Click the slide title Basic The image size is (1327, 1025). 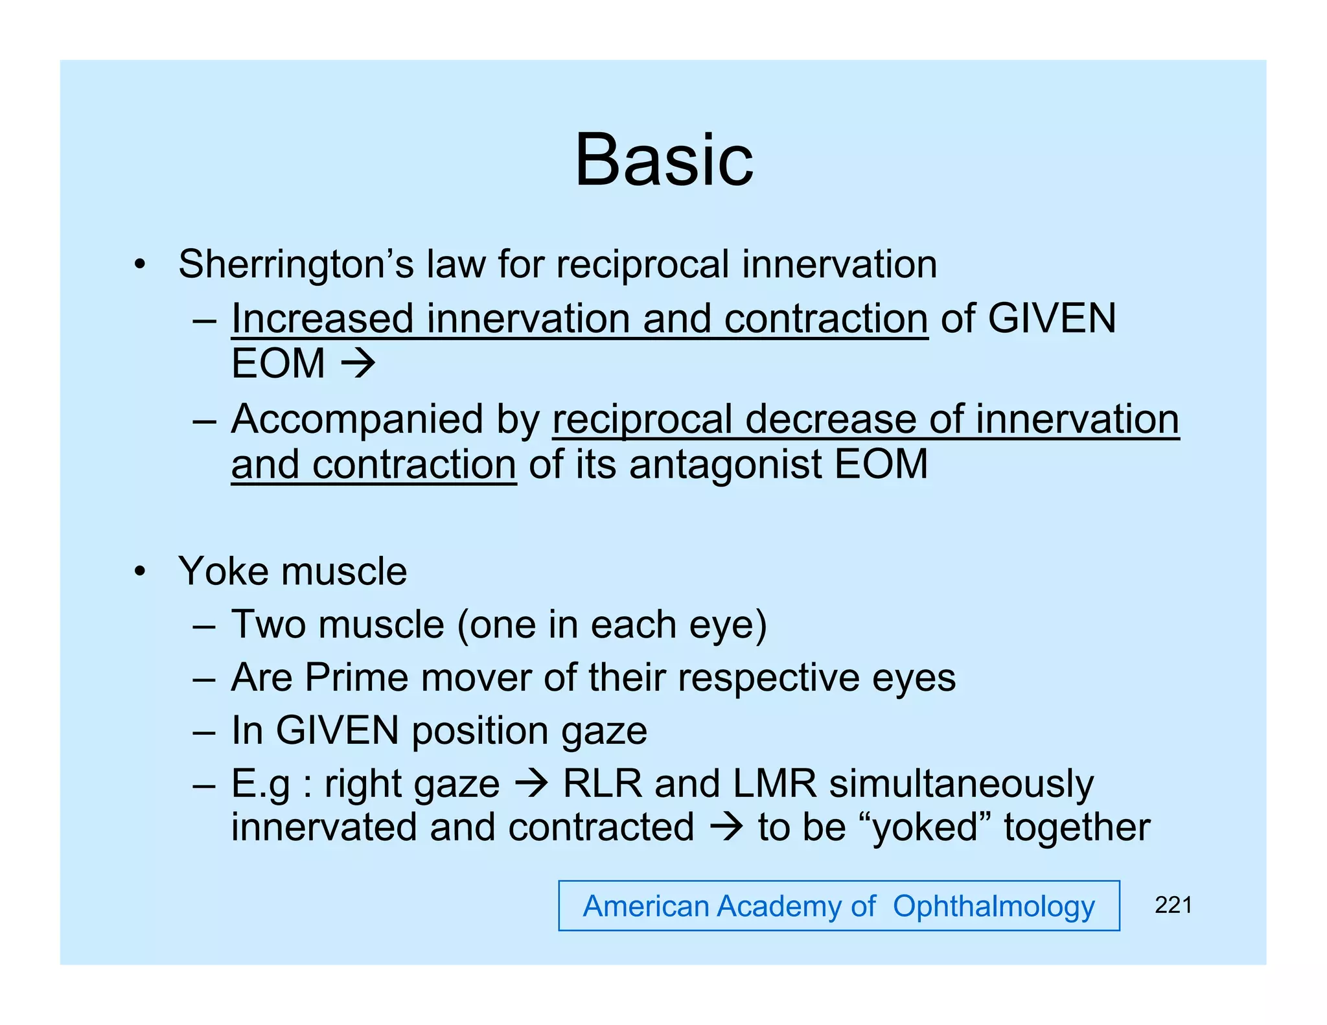pyautogui.click(x=663, y=160)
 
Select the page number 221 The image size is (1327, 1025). pyautogui.click(x=1173, y=905)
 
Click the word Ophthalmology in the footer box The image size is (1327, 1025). pyautogui.click(x=993, y=906)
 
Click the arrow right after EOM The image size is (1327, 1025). pyautogui.click(x=358, y=363)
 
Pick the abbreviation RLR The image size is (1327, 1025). pyautogui.click(x=602, y=784)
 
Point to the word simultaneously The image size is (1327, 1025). pyautogui.click(x=962, y=784)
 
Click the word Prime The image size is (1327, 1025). pyautogui.click(x=356, y=678)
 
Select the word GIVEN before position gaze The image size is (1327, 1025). pyautogui.click(x=337, y=731)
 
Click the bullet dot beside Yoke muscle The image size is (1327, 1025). pyautogui.click(x=139, y=572)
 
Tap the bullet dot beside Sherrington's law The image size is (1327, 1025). pyautogui.click(x=139, y=265)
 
